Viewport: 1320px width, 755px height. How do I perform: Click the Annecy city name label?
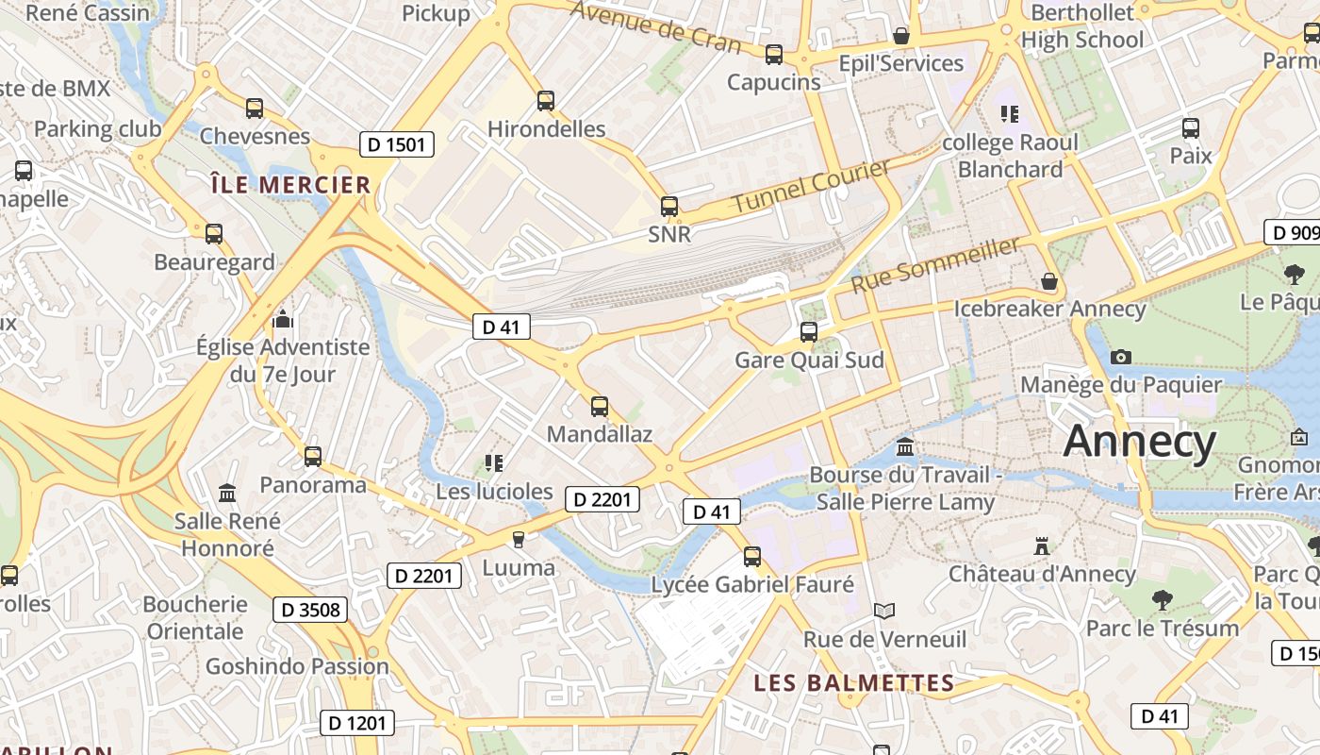(x=1140, y=441)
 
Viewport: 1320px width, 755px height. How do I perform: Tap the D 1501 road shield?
(x=397, y=145)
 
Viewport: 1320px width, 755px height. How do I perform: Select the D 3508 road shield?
(x=310, y=610)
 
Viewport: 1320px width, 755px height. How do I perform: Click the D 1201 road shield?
(x=357, y=724)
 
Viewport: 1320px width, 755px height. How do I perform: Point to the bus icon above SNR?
(x=669, y=206)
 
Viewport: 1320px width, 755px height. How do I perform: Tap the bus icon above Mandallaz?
(x=600, y=407)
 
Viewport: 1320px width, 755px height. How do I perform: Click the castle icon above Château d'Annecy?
(x=1042, y=545)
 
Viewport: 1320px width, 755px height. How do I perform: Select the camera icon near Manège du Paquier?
(x=1121, y=357)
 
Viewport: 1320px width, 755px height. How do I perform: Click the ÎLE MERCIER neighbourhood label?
(x=290, y=185)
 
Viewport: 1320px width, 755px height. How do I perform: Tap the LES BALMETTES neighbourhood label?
(x=854, y=683)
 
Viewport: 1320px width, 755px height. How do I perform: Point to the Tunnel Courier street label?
(x=811, y=187)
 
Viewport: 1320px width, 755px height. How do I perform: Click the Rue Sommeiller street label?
(x=935, y=265)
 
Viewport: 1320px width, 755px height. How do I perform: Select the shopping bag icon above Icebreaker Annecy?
(x=1048, y=281)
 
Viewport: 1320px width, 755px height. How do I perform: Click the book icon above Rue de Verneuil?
(x=883, y=612)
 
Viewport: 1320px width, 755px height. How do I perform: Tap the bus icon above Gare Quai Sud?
(x=809, y=331)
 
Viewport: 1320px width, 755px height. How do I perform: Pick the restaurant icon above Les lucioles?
(x=494, y=462)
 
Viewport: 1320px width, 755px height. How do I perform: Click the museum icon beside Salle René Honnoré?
(x=227, y=494)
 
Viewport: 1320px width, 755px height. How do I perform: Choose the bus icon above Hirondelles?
(x=546, y=101)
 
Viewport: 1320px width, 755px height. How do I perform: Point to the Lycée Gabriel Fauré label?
(x=752, y=584)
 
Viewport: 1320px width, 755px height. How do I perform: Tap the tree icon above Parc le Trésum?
(x=1163, y=599)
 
